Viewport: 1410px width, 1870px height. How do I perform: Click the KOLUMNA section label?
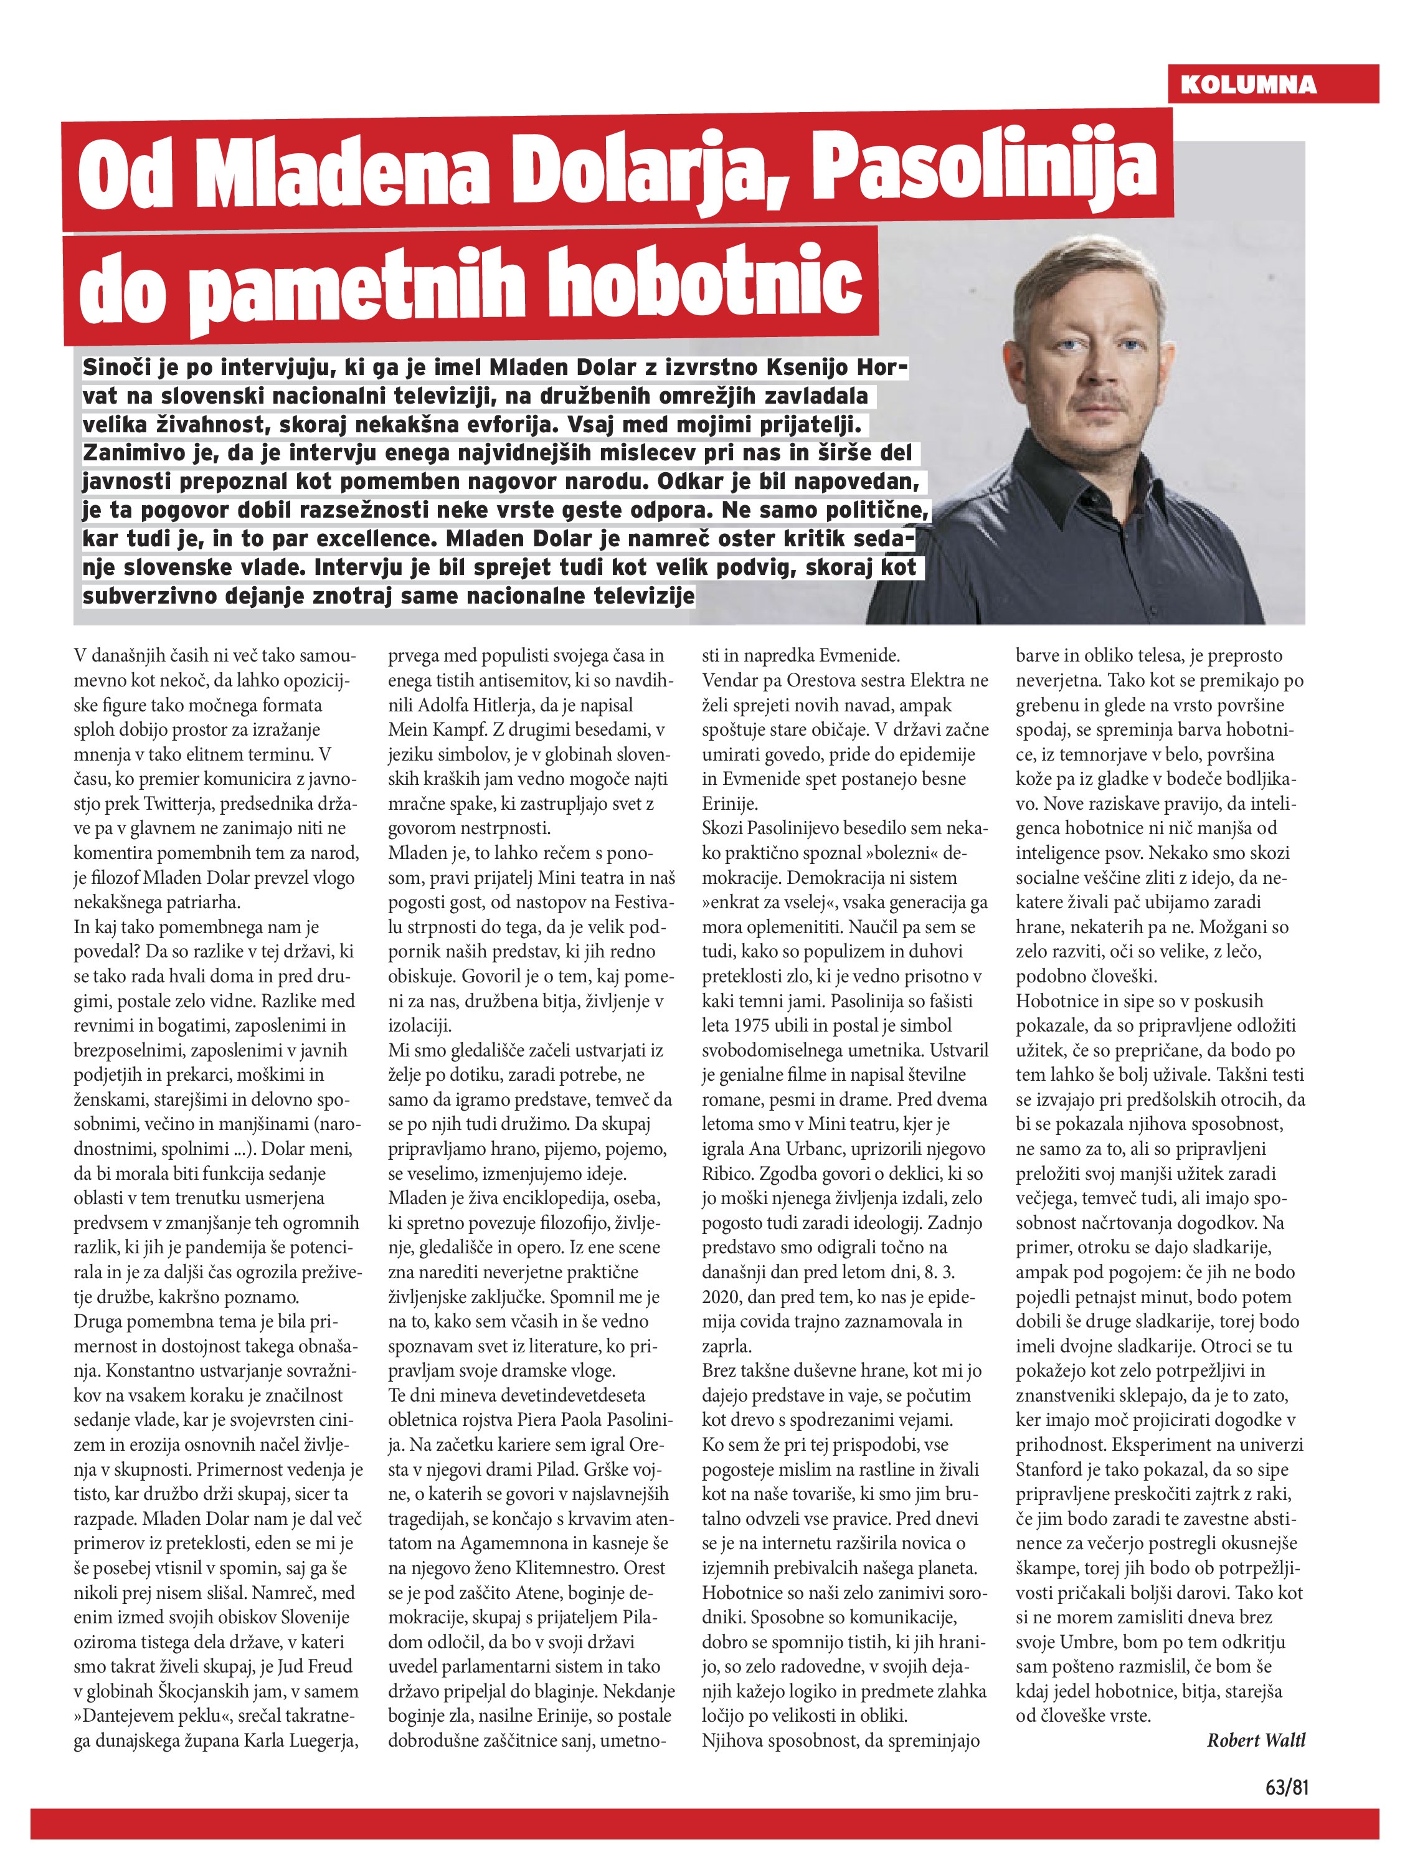point(1247,85)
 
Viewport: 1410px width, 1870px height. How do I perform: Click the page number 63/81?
point(1287,1788)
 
